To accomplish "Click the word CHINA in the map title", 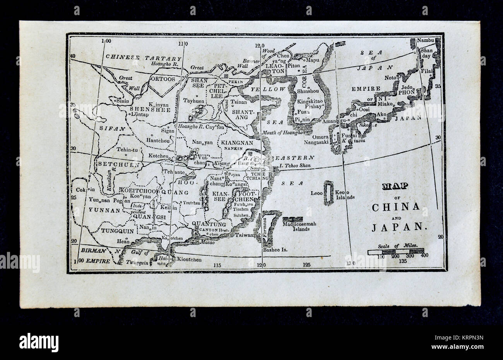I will point(396,207).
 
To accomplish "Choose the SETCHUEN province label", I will point(113,164).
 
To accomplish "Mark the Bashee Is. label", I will point(275,250).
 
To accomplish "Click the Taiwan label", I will point(246,235).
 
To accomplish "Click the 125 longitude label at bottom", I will point(307,265).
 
